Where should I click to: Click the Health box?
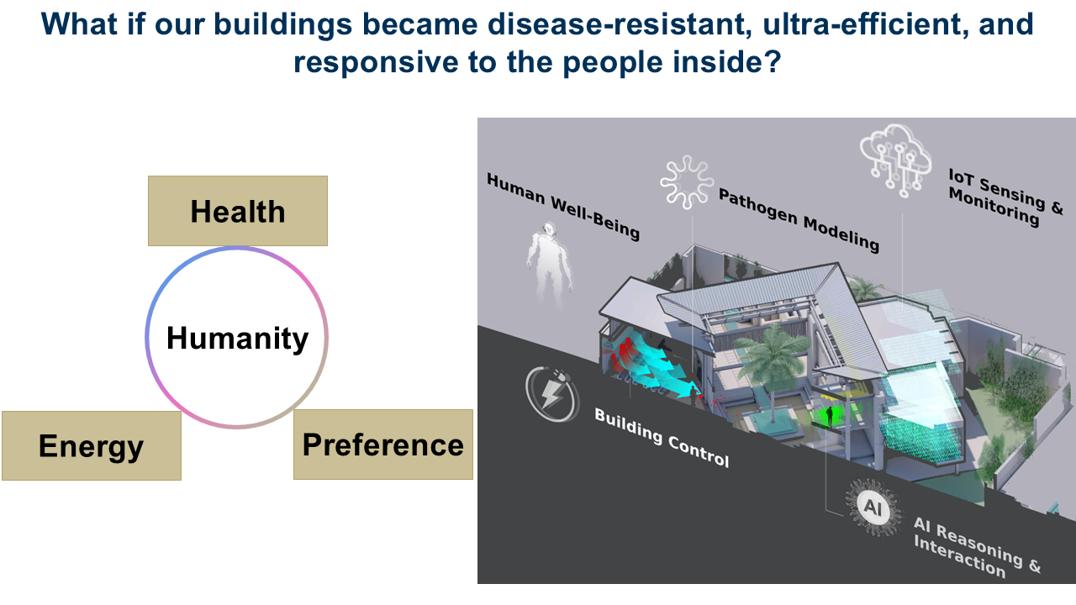tap(238, 211)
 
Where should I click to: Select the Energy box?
tap(92, 445)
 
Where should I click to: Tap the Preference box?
tap(383, 445)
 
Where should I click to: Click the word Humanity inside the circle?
tap(237, 338)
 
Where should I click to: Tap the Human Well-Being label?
tap(563, 207)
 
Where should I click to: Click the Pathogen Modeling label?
tap(799, 220)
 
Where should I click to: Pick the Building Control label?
tap(662, 438)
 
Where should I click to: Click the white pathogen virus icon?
tap(687, 182)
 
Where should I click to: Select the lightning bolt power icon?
tap(552, 395)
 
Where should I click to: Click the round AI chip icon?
tap(873, 507)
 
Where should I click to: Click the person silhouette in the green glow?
tap(829, 416)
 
